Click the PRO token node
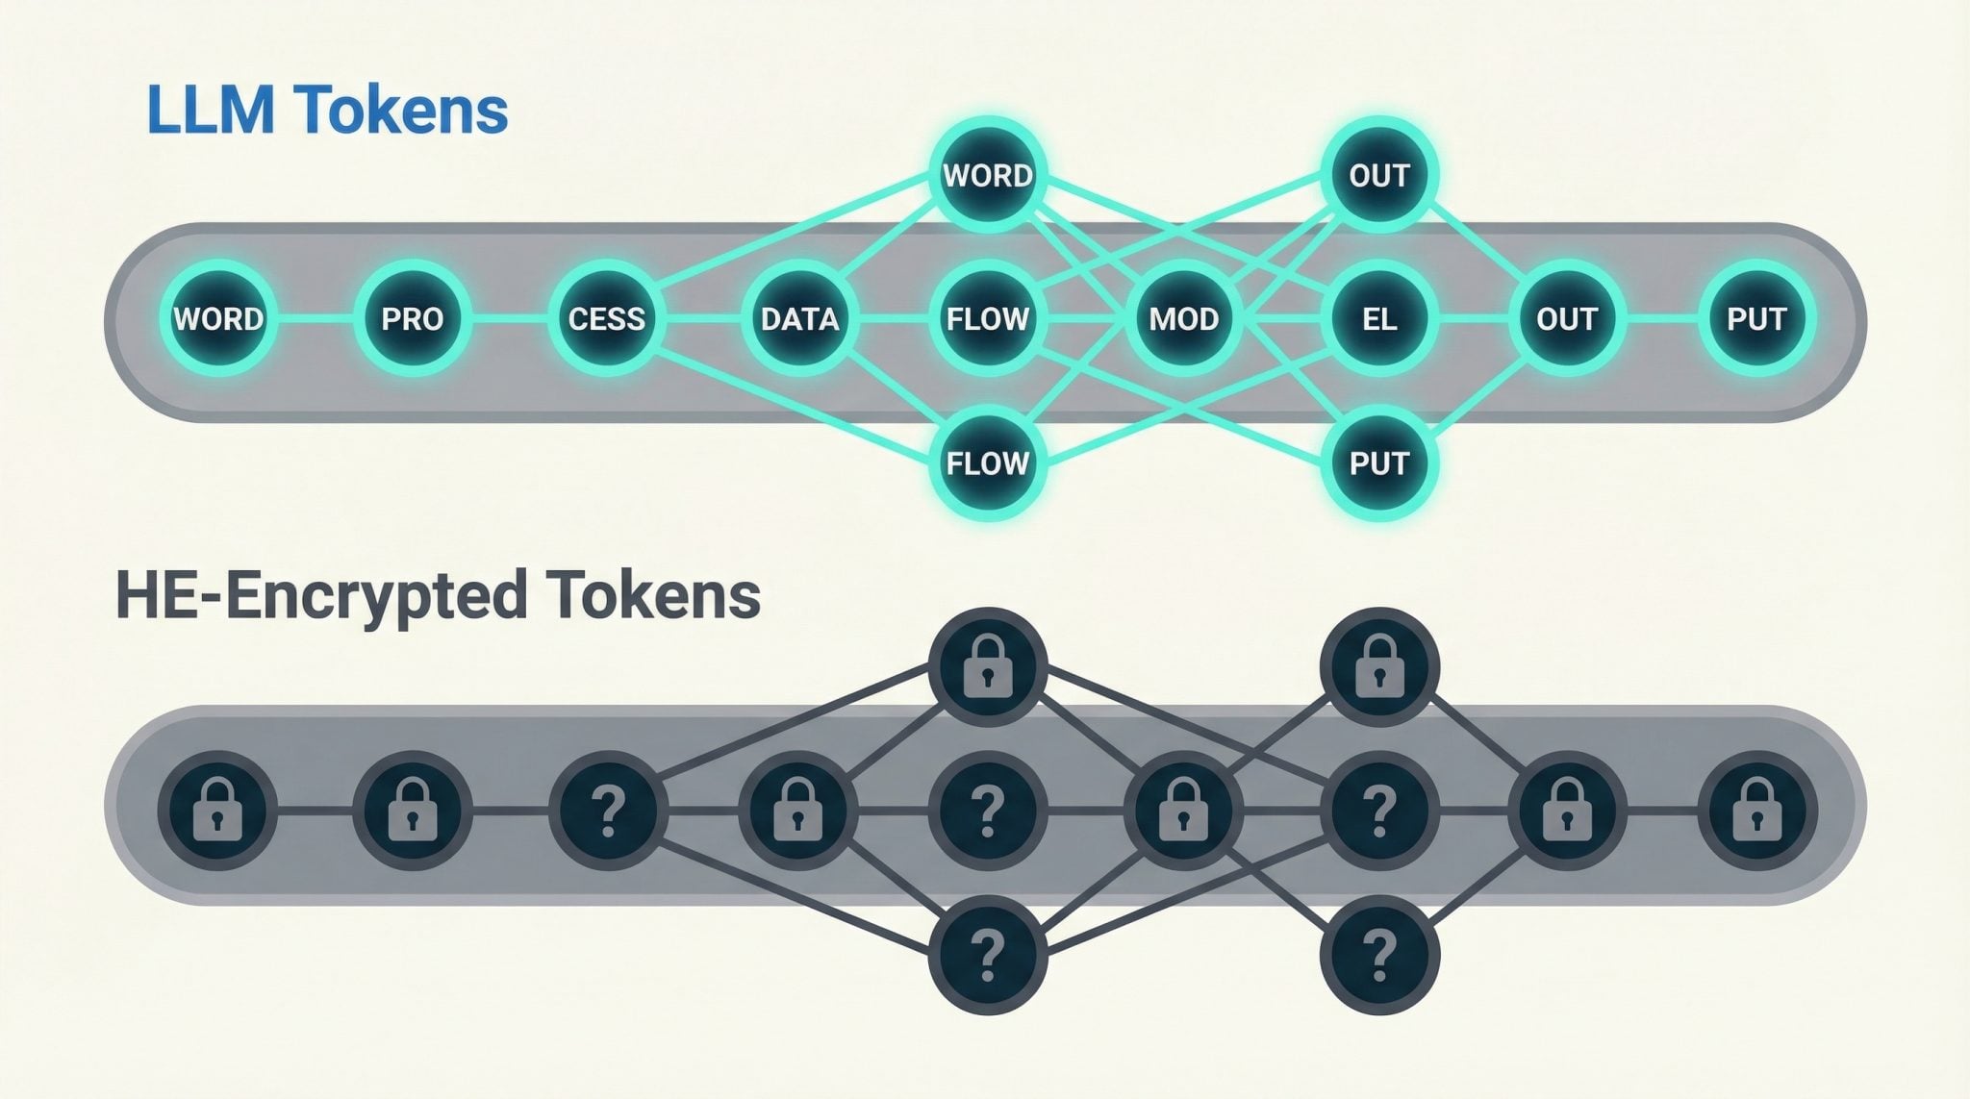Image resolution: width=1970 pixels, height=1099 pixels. tap(412, 319)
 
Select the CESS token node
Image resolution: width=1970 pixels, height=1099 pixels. tap(606, 319)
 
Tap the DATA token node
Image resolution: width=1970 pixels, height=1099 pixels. tap(799, 319)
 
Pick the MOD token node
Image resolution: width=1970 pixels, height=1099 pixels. tap(1183, 319)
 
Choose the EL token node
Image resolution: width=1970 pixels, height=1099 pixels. tap(1378, 319)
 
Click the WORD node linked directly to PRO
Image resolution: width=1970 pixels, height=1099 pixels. tap(218, 319)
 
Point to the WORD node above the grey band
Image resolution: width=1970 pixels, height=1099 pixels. tap(988, 176)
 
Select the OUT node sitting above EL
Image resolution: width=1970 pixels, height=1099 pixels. tap(1378, 176)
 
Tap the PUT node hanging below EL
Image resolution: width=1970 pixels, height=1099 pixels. tap(1378, 463)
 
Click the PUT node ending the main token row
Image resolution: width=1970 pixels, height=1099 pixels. tap(1756, 319)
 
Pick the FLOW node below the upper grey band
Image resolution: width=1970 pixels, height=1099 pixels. tap(988, 463)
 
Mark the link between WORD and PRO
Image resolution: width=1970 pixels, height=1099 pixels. tap(315, 319)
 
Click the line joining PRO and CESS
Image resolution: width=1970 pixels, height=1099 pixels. tap(509, 319)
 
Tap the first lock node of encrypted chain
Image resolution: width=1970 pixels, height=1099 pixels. tap(218, 811)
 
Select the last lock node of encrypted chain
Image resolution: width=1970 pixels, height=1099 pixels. tap(1756, 811)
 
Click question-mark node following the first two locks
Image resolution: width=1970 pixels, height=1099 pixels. tap(606, 811)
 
